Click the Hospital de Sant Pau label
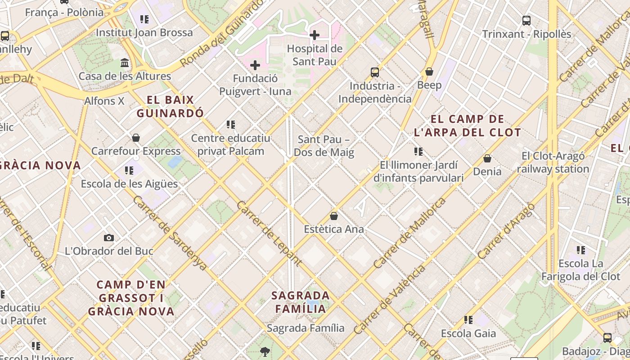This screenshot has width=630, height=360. [x=315, y=55]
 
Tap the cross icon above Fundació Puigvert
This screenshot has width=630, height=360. [x=255, y=65]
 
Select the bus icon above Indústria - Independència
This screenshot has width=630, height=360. [x=375, y=72]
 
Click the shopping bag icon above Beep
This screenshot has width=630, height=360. [x=429, y=72]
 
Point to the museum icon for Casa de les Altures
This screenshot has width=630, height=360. [x=125, y=63]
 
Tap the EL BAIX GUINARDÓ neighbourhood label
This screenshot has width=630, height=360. [x=171, y=106]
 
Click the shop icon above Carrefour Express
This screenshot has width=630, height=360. [x=136, y=138]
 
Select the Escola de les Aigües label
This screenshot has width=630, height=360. [x=129, y=184]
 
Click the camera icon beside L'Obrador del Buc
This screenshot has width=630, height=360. [x=109, y=238]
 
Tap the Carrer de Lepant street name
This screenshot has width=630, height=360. [x=269, y=233]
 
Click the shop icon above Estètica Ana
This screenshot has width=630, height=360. [x=334, y=216]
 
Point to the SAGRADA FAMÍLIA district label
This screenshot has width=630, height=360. [x=301, y=302]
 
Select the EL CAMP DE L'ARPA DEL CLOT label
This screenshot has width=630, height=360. [x=467, y=126]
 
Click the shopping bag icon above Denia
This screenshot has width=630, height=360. [x=487, y=158]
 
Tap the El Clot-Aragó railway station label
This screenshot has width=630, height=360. [x=553, y=162]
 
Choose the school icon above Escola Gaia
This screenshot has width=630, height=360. [x=468, y=320]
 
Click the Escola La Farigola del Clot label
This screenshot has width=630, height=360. [x=580, y=270]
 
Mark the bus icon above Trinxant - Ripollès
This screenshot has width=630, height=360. [x=526, y=21]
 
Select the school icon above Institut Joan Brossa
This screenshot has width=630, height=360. [x=144, y=19]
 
